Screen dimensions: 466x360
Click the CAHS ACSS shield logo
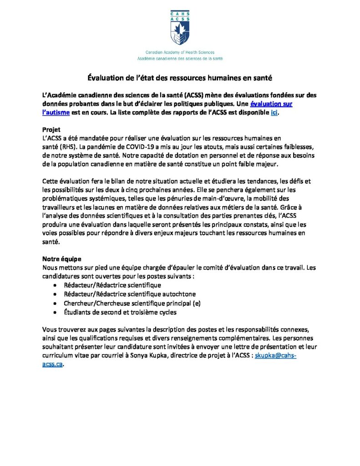coord(180,28)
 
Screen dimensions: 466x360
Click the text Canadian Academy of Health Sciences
coord(180,53)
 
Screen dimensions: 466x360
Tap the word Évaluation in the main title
coord(105,78)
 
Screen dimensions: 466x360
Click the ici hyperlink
coord(274,112)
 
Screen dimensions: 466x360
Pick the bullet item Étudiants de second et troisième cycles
coord(120,312)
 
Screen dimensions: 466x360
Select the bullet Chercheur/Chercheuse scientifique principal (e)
coord(132,303)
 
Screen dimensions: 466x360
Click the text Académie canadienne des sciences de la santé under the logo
coord(180,59)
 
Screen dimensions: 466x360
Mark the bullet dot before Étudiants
coord(55,313)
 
